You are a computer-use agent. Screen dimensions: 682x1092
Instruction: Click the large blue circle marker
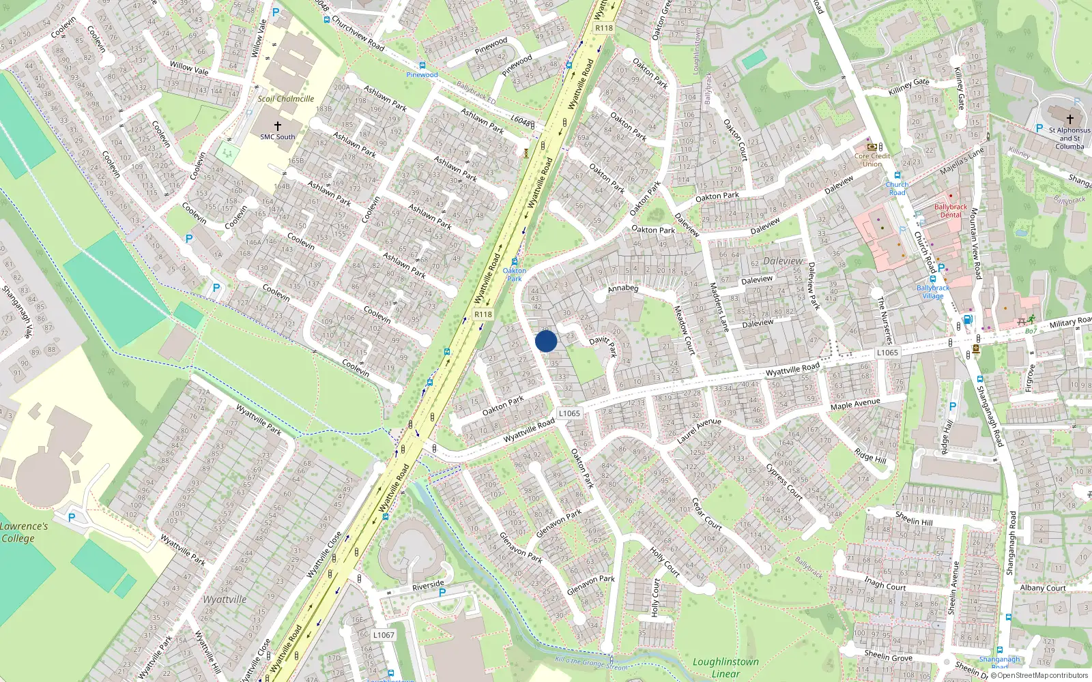pyautogui.click(x=546, y=341)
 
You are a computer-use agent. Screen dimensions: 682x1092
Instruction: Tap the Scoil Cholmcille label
pyautogui.click(x=286, y=99)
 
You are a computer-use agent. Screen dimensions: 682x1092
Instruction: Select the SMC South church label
pyautogui.click(x=278, y=136)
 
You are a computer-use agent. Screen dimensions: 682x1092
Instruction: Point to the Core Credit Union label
pyautogui.click(x=872, y=160)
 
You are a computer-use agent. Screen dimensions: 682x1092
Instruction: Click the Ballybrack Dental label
pyautogui.click(x=951, y=211)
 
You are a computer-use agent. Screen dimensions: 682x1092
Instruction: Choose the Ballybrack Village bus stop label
pyautogui.click(x=933, y=292)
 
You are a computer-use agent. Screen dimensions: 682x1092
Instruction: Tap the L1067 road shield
pyautogui.click(x=384, y=635)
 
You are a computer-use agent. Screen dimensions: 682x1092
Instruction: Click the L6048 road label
pyautogui.click(x=522, y=121)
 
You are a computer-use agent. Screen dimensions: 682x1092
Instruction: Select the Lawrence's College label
pyautogui.click(x=23, y=532)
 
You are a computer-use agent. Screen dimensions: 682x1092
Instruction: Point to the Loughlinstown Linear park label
pyautogui.click(x=725, y=668)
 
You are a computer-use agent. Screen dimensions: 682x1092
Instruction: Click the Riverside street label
pyautogui.click(x=429, y=586)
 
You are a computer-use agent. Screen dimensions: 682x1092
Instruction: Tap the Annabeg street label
pyautogui.click(x=623, y=288)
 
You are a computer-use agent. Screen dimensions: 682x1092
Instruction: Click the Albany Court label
pyautogui.click(x=1043, y=588)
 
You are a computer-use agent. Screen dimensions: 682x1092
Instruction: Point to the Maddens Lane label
pyautogui.click(x=719, y=307)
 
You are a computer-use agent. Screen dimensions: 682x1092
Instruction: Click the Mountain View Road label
pyautogui.click(x=976, y=243)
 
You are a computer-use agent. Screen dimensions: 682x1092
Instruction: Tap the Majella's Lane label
pyautogui.click(x=962, y=162)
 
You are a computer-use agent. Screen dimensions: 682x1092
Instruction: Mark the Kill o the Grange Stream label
pyautogui.click(x=591, y=663)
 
